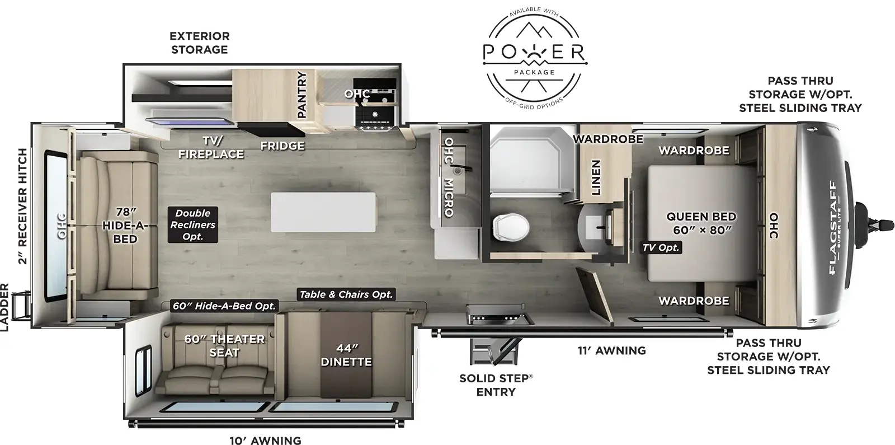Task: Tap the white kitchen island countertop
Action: tap(323, 212)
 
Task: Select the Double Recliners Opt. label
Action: tap(192, 224)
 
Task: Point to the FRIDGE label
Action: tap(282, 146)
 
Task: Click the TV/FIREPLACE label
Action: tap(211, 147)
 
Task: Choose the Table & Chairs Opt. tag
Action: tap(346, 294)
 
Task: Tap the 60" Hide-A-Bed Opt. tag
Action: tap(224, 306)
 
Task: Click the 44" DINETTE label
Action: tap(346, 355)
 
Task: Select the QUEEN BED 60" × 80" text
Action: tap(701, 223)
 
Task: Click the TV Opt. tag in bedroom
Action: tap(661, 247)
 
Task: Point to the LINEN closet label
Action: tap(596, 177)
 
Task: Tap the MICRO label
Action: tap(448, 197)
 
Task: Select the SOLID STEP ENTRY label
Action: tap(496, 385)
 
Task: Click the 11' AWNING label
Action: tap(611, 351)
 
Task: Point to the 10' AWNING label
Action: tap(265, 441)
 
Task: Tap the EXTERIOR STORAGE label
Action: tap(200, 43)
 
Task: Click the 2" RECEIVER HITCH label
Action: tap(22, 205)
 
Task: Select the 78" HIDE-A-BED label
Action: tap(126, 225)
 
